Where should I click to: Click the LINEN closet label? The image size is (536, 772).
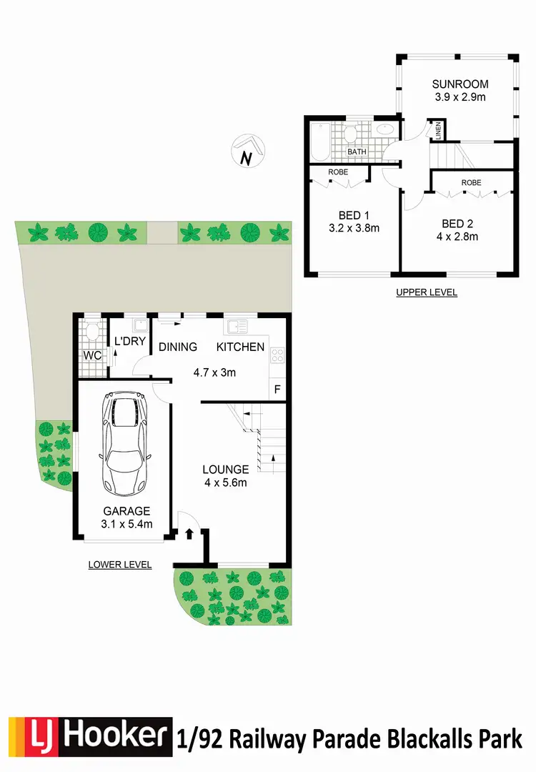point(437,131)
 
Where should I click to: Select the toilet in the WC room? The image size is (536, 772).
point(91,331)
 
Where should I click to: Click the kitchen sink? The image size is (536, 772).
point(237,327)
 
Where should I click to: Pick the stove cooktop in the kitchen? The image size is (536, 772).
point(277,356)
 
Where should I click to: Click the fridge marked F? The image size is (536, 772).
point(277,390)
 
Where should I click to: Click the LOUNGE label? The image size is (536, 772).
point(225,470)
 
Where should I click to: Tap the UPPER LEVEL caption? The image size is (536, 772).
point(427,292)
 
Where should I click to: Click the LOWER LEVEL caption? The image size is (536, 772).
point(120,565)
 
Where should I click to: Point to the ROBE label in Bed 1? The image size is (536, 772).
point(338,172)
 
